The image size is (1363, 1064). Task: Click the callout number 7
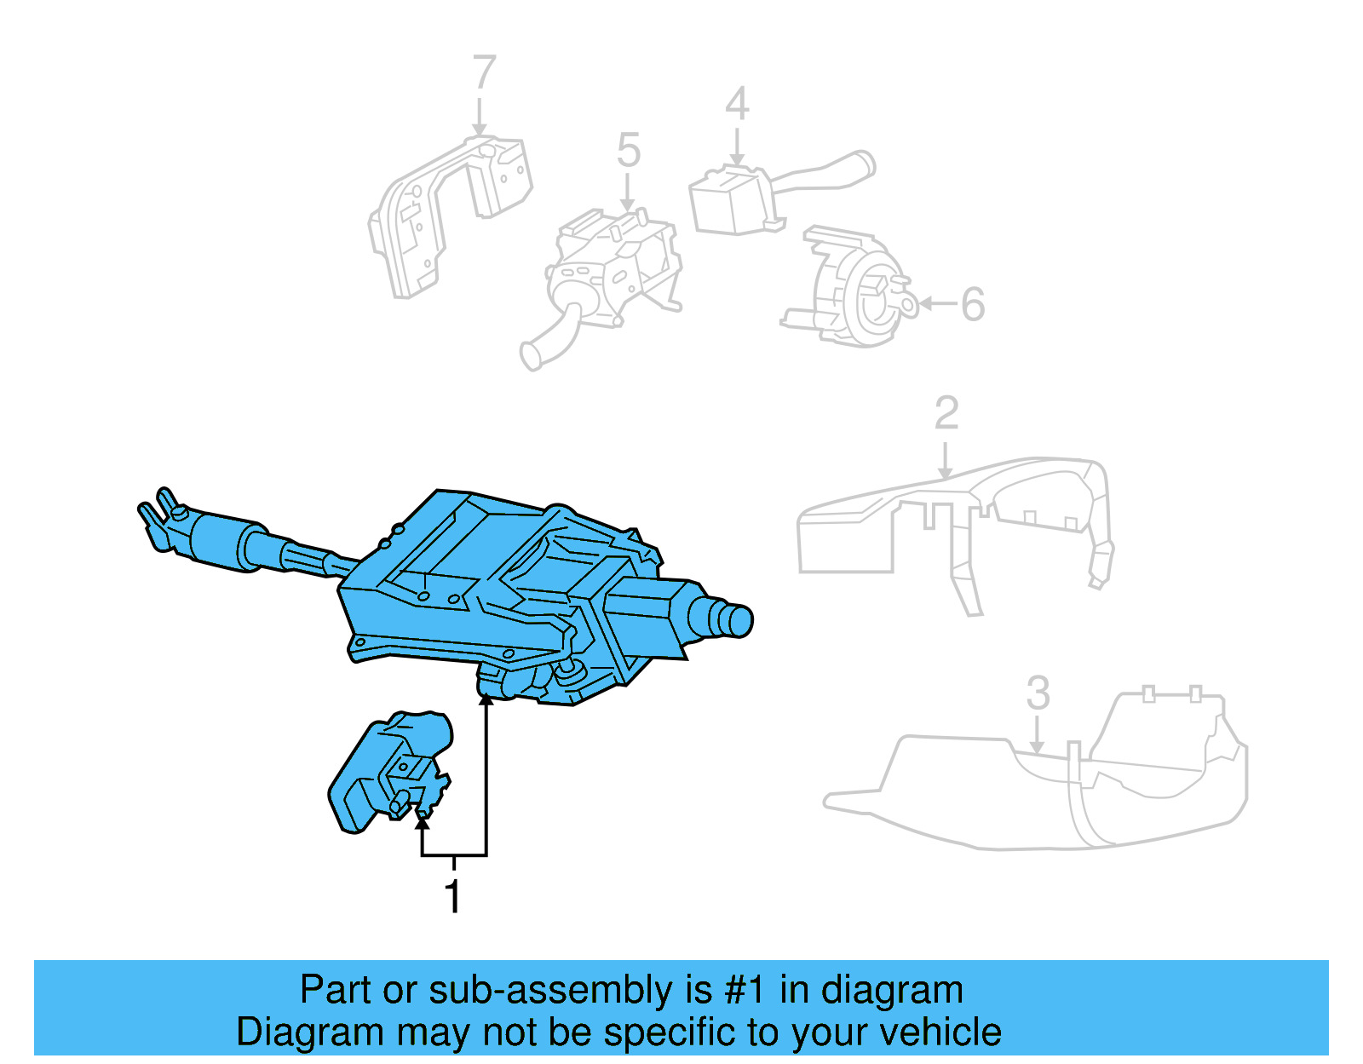tap(484, 72)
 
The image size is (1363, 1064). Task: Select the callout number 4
tap(737, 104)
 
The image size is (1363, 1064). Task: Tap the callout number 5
tap(628, 151)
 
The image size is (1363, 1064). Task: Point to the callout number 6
tap(973, 304)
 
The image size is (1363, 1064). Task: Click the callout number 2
tap(946, 414)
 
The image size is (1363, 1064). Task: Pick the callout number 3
tap(1038, 693)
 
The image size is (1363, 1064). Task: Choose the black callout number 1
tap(453, 896)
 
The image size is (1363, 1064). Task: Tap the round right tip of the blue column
tap(738, 620)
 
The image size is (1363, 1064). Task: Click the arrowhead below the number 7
tap(480, 129)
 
